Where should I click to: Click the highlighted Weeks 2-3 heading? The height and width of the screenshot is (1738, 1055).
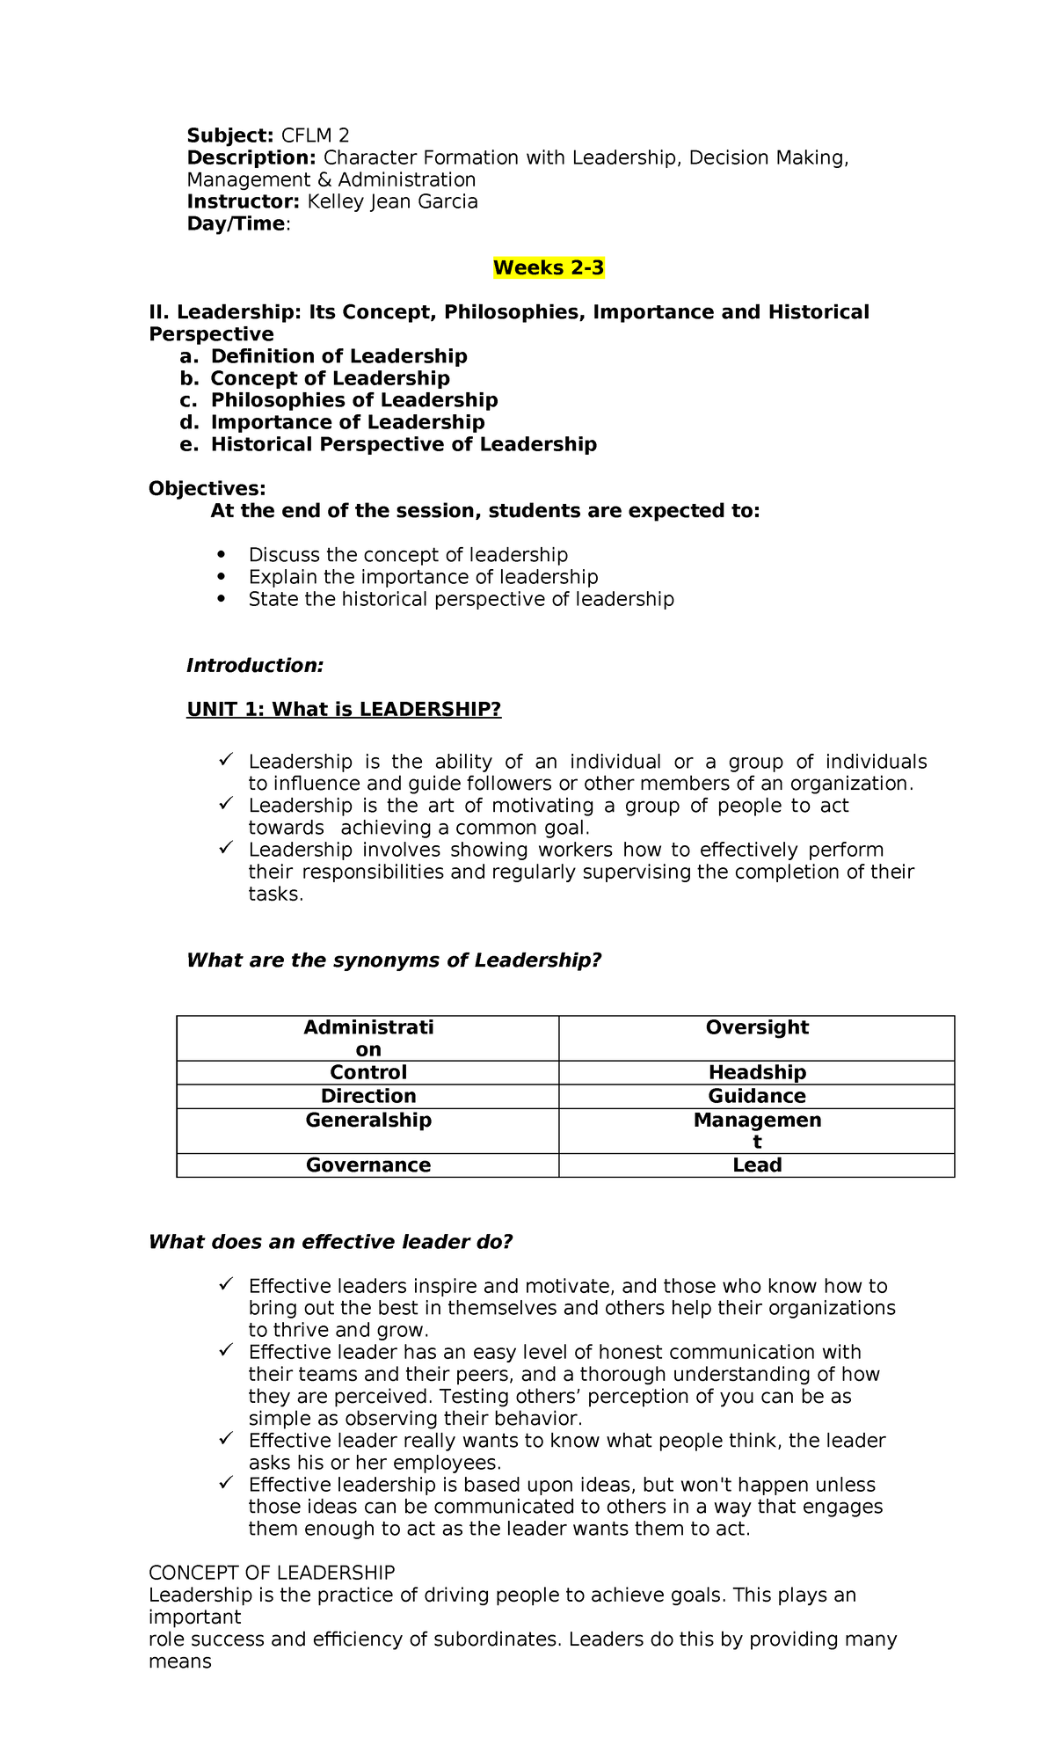(549, 268)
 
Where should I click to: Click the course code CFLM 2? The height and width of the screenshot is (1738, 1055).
(315, 135)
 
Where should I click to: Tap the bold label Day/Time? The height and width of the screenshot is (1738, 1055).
(236, 223)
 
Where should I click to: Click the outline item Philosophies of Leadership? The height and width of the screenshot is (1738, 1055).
(353, 400)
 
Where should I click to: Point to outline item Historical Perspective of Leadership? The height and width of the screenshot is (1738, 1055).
(404, 444)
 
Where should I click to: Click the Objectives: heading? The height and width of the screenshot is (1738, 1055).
(207, 488)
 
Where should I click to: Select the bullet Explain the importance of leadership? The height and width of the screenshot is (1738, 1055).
(423, 577)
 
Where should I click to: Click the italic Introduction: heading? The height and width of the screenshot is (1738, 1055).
(255, 665)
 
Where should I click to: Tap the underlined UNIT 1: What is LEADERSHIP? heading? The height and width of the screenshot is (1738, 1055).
(344, 709)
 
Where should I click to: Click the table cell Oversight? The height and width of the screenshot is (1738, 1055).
(757, 1027)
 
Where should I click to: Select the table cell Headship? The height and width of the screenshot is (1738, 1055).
(757, 1072)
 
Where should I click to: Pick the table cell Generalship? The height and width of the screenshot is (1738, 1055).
(368, 1120)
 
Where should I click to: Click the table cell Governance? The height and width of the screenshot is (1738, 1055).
(368, 1165)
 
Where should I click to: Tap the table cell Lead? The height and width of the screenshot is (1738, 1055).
(757, 1165)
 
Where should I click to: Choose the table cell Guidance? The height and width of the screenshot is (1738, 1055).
(757, 1096)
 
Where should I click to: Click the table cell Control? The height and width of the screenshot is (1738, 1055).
(368, 1072)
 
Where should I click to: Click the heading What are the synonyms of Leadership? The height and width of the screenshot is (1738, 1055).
(394, 960)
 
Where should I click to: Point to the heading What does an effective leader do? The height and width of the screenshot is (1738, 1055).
(331, 1242)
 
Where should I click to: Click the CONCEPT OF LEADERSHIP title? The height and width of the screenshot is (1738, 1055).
(272, 1572)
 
